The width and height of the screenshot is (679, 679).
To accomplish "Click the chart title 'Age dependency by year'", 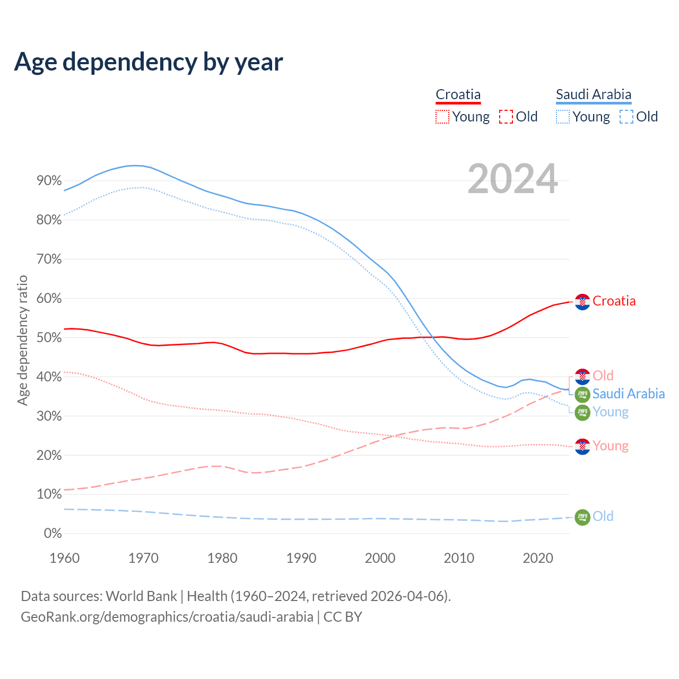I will tap(149, 62).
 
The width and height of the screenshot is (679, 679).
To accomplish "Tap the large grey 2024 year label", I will tap(512, 179).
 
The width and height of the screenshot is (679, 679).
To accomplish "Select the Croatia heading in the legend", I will tap(458, 95).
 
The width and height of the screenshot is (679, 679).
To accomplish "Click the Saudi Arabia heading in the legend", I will tap(593, 95).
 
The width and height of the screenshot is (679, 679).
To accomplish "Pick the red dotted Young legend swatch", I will tap(442, 117).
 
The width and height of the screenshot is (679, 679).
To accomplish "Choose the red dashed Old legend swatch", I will tap(506, 117).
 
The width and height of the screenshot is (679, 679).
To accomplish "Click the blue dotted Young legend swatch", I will tap(563, 117).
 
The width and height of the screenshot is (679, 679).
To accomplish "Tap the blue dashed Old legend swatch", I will tap(626, 117).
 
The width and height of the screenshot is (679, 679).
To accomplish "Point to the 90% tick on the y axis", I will tap(49, 181).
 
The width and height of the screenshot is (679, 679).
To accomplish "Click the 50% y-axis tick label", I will tap(49, 338).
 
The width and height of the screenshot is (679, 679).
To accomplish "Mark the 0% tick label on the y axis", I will tap(53, 534).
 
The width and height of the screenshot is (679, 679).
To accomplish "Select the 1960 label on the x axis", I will tap(64, 558).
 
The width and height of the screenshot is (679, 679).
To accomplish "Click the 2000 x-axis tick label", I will tap(380, 558).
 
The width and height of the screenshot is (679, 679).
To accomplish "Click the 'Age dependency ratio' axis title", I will tap(22, 340).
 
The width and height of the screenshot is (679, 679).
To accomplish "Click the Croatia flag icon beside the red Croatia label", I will tap(582, 302).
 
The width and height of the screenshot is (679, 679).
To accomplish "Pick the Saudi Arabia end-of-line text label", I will tap(628, 394).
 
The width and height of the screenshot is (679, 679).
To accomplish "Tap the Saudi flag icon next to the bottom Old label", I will tap(582, 517).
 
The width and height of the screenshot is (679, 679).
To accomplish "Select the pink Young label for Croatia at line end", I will tap(610, 446).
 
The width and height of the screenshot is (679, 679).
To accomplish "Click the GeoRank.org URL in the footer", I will tap(167, 617).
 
